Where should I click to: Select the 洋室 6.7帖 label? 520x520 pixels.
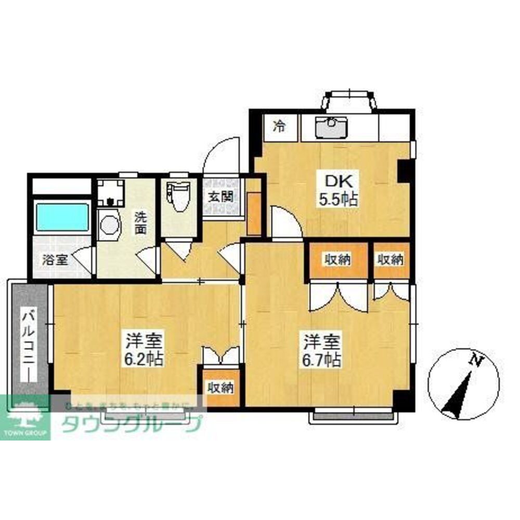(322, 351)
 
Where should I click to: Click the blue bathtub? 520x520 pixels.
(62, 217)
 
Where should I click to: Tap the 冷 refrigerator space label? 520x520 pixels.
(280, 126)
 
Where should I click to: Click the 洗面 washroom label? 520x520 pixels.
(141, 222)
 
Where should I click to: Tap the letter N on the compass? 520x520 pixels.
(475, 359)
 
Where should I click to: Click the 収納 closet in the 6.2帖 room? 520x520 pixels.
(220, 387)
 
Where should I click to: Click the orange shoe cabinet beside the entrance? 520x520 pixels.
(254, 214)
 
